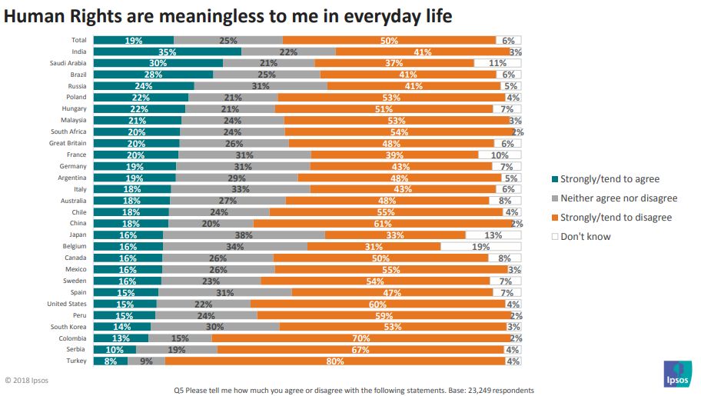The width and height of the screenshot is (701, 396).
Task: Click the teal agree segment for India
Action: click(x=168, y=52)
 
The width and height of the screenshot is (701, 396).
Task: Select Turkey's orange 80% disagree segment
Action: click(x=335, y=361)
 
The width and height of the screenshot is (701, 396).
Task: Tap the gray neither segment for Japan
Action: click(x=244, y=235)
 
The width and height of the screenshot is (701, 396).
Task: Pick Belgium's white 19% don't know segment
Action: click(x=481, y=247)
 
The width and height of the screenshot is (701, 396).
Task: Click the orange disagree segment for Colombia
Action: click(x=361, y=338)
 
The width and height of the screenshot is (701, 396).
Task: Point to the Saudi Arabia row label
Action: click(x=68, y=63)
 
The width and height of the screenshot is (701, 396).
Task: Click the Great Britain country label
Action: click(x=68, y=143)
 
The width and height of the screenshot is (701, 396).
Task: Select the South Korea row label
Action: click(x=68, y=327)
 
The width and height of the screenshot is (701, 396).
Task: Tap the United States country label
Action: click(x=67, y=304)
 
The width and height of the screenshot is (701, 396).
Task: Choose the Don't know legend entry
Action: click(x=585, y=236)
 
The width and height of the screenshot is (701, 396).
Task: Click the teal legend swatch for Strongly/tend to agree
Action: click(x=555, y=180)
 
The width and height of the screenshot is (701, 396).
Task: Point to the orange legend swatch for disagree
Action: click(x=555, y=218)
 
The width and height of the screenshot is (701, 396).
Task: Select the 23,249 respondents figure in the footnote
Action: click(x=500, y=391)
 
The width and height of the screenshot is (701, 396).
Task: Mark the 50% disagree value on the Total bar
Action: click(x=389, y=40)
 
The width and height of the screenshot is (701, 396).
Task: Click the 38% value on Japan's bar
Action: click(x=244, y=235)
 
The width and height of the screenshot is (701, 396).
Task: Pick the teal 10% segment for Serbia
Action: click(x=115, y=350)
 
